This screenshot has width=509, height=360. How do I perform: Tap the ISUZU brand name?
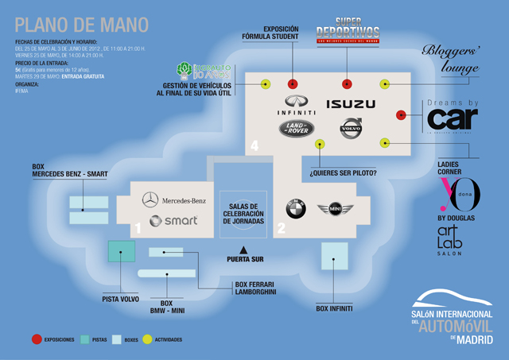351,103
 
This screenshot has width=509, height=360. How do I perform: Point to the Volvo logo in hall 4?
351,128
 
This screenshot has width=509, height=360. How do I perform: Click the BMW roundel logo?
296,209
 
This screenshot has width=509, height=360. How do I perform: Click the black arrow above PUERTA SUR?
246,250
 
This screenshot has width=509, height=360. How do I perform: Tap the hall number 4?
254,145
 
